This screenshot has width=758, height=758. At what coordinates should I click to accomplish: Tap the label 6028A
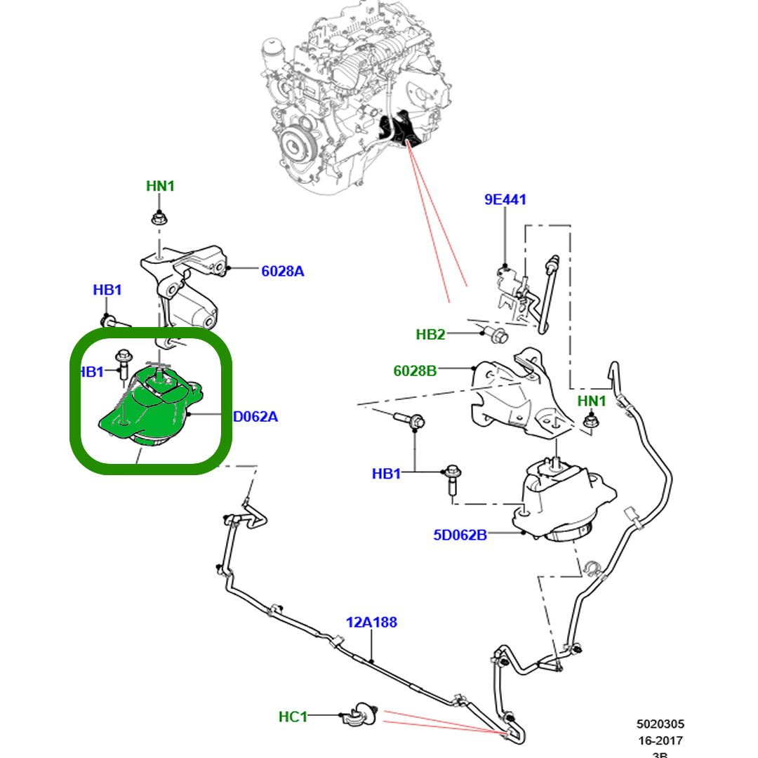[282, 271]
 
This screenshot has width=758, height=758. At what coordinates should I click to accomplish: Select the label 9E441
[505, 199]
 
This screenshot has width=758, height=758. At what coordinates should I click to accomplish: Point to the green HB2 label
[430, 334]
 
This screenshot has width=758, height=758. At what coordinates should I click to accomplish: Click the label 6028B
[415, 371]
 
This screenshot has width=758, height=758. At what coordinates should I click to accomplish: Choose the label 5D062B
[460, 535]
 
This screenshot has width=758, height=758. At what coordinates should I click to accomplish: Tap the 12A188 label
[371, 622]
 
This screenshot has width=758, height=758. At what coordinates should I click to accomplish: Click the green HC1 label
[293, 717]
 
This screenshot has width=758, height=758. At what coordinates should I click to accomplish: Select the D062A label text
[255, 417]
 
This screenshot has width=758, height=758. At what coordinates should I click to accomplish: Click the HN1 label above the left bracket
[160, 186]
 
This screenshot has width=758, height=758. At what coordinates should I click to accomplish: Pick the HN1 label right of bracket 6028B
[591, 401]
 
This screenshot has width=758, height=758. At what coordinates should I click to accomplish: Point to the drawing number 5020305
[660, 724]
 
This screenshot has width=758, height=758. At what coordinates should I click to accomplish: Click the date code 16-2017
[660, 740]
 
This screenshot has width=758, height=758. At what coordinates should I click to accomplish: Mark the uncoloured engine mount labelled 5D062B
[558, 502]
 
